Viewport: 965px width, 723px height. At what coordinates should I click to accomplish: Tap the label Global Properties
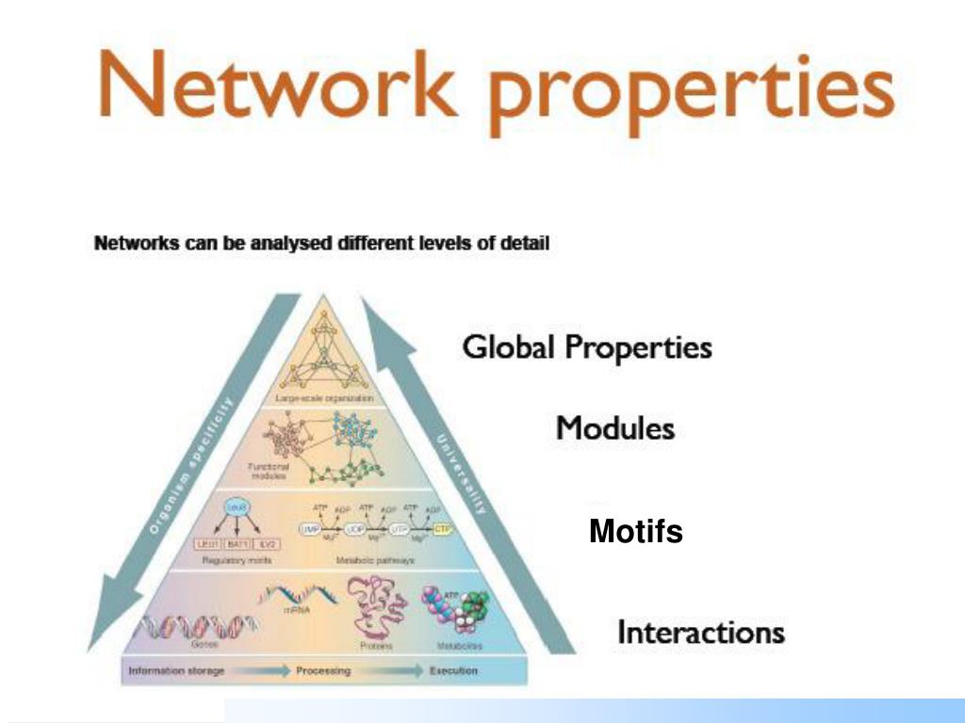[586, 347]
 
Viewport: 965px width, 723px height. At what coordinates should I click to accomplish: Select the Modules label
[615, 428]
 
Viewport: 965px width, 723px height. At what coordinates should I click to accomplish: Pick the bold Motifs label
[636, 533]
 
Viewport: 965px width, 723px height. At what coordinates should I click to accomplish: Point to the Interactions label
[701, 631]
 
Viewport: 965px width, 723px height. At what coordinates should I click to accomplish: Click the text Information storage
[176, 671]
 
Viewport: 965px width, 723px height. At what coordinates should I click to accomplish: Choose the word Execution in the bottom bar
[452, 671]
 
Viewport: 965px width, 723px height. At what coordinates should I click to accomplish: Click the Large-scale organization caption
[325, 399]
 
